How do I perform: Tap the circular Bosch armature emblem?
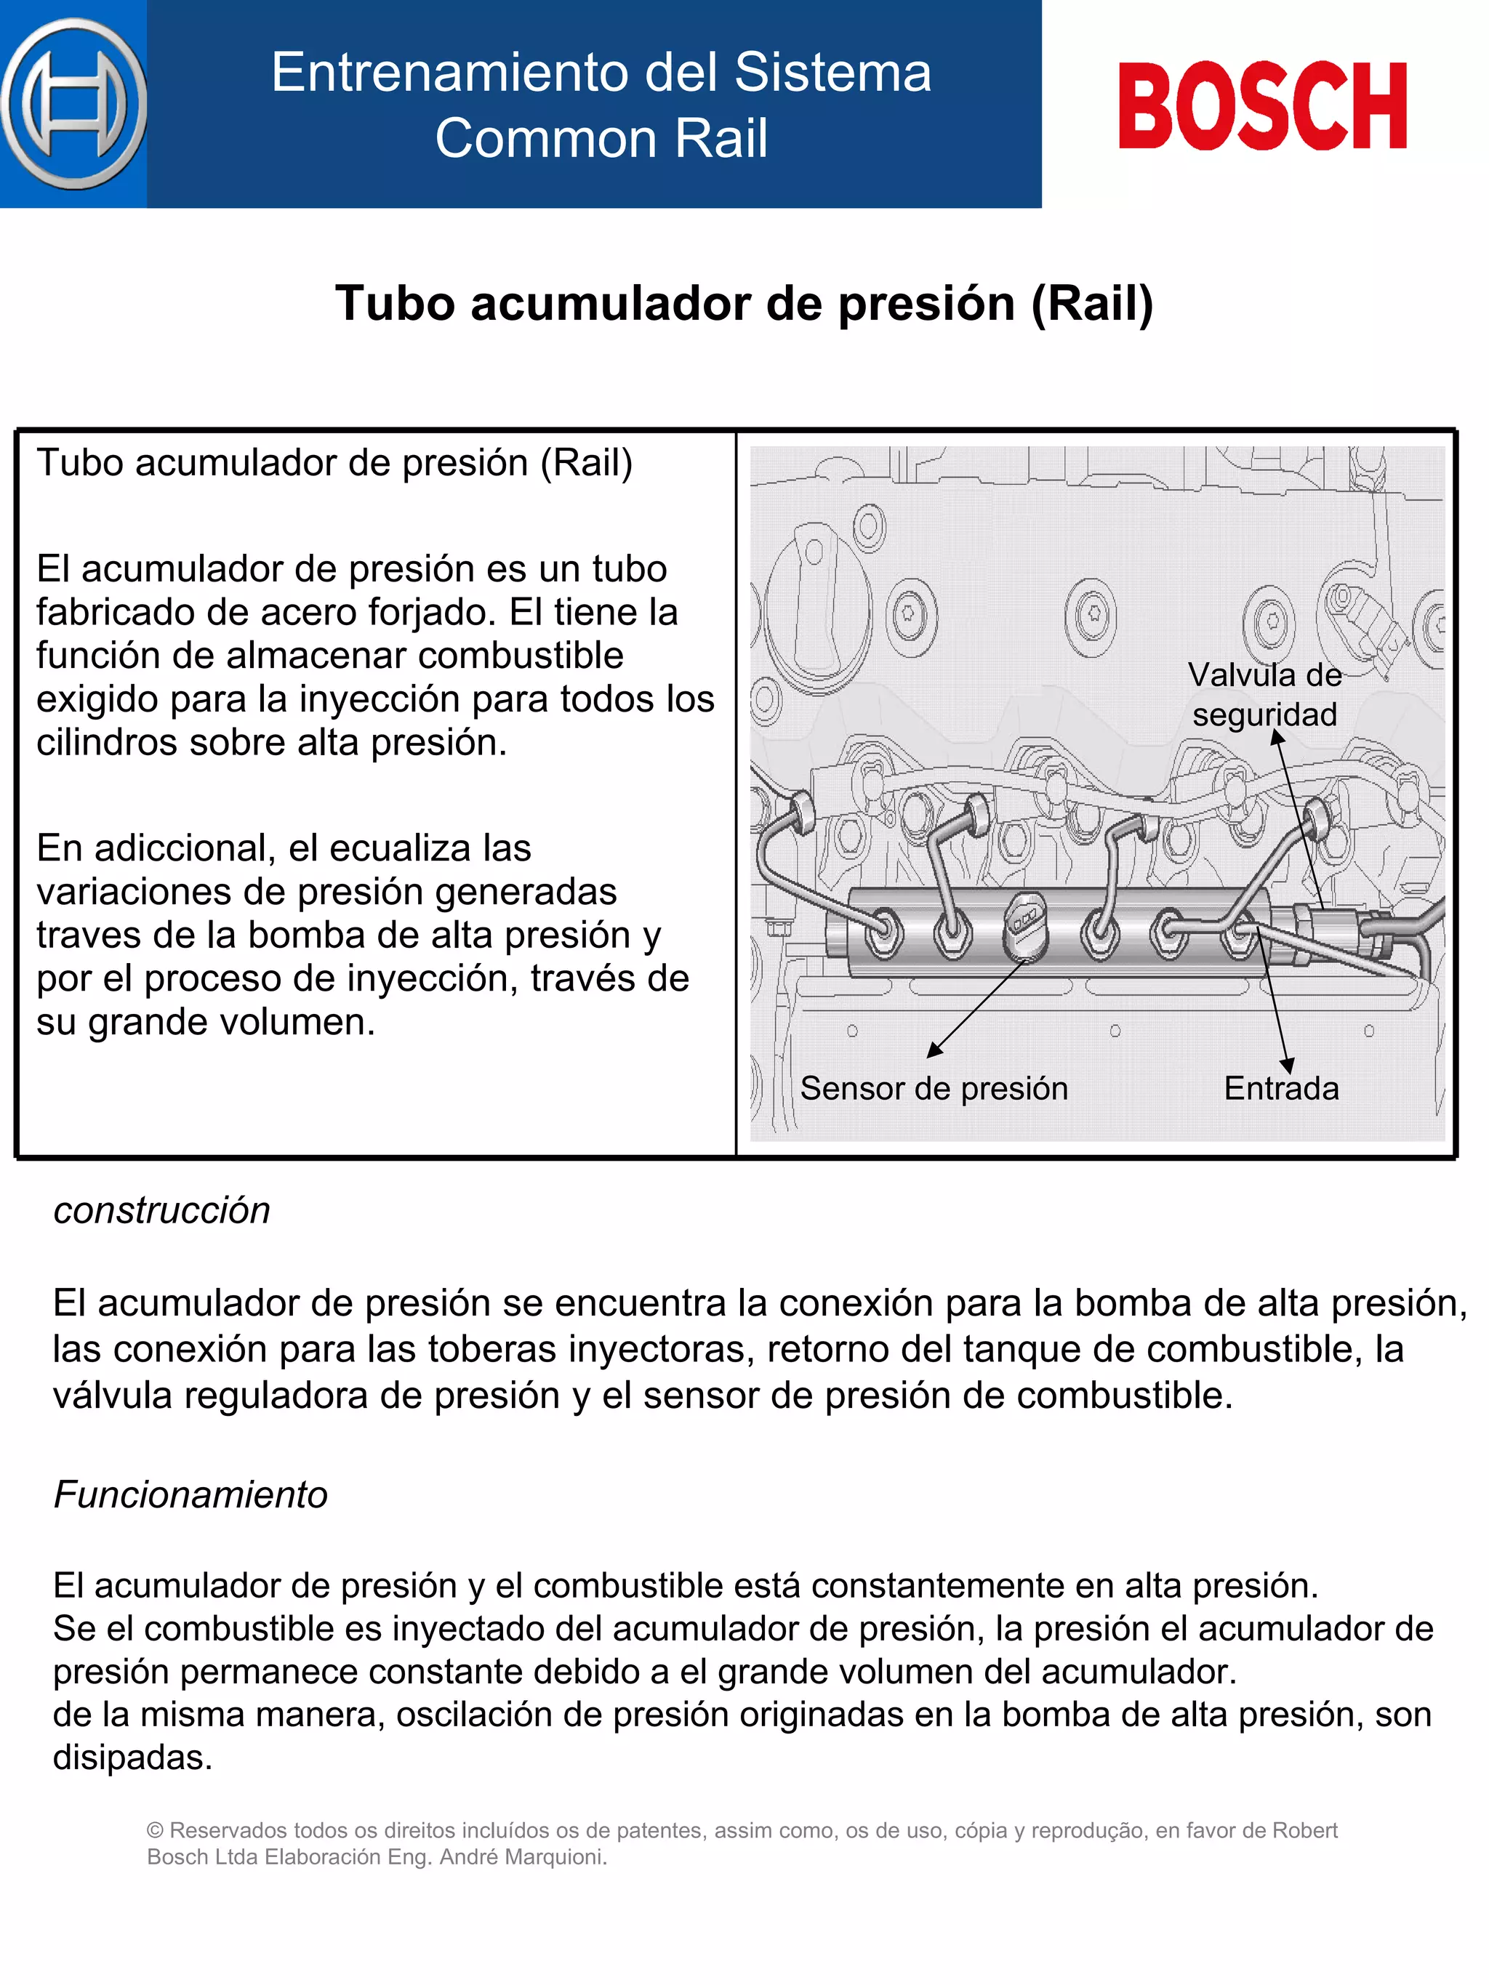point(73,104)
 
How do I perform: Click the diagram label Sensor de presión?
point(934,1089)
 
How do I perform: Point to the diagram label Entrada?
point(1281,1089)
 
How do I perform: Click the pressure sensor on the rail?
point(1025,927)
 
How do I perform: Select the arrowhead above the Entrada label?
point(1287,1066)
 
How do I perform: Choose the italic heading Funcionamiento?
point(190,1494)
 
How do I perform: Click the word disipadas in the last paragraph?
point(132,1757)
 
